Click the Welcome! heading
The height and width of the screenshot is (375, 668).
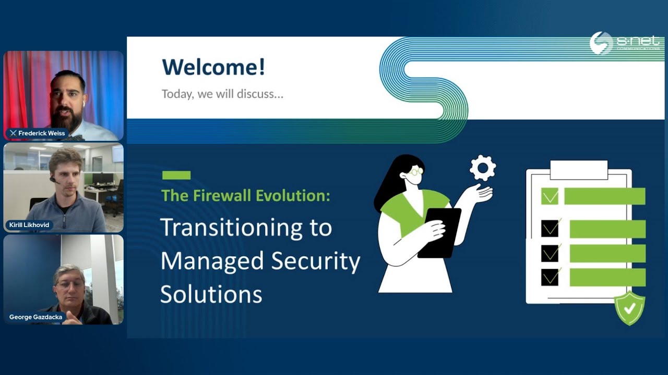click(x=213, y=67)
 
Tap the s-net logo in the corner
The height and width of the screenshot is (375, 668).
click(x=624, y=43)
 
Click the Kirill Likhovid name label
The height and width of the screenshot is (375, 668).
click(x=29, y=225)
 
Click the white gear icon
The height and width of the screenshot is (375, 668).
click(x=482, y=168)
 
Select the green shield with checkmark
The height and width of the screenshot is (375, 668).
click(x=629, y=308)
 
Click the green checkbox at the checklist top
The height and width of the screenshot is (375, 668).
click(x=550, y=196)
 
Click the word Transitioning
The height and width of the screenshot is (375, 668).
click(x=245, y=228)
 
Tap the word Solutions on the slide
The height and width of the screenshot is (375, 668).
click(x=211, y=294)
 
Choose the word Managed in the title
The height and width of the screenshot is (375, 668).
click(x=211, y=261)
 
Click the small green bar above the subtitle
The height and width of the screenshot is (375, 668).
click(x=176, y=176)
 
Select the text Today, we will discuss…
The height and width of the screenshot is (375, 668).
click(x=222, y=94)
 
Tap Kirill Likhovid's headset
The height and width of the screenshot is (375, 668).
click(x=53, y=179)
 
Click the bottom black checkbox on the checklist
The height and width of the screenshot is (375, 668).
click(x=550, y=277)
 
